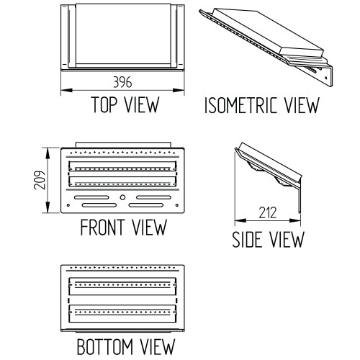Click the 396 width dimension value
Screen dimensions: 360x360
click(x=122, y=82)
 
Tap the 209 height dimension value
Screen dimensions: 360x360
click(x=40, y=180)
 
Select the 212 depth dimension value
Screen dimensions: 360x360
click(x=268, y=212)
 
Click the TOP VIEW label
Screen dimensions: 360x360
click(x=125, y=104)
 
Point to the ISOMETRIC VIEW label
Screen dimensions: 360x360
click(x=262, y=105)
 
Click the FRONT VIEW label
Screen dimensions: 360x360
click(x=123, y=227)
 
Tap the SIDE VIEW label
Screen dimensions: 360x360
click(x=268, y=239)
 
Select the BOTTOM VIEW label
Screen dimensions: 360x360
click(x=126, y=346)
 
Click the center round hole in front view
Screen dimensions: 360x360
click(x=122, y=197)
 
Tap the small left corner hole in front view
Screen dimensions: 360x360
click(x=68, y=205)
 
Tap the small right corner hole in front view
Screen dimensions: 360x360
click(x=177, y=205)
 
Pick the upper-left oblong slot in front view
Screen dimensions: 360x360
click(x=91, y=197)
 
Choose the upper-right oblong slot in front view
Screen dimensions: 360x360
click(x=153, y=197)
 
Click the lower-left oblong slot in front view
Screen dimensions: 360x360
click(x=99, y=205)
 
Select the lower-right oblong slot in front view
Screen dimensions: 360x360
click(x=146, y=205)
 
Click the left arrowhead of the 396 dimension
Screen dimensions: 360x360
click(x=67, y=90)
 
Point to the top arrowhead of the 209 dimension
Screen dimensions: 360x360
click(x=48, y=153)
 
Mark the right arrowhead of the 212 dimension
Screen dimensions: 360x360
click(x=295, y=220)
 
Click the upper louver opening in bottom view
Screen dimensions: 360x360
click(x=122, y=287)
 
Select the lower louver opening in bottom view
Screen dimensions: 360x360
click(x=122, y=314)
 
